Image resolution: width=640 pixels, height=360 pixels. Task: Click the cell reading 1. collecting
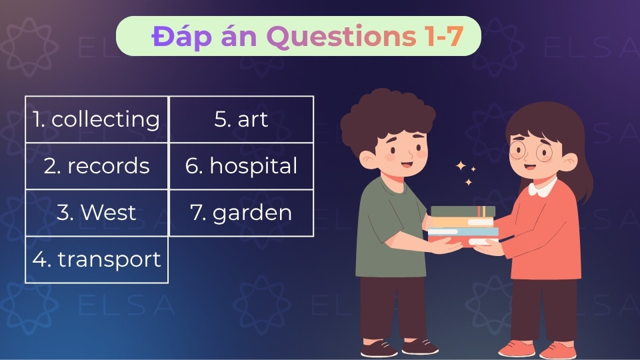tap(97, 119)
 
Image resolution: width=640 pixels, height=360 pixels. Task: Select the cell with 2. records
tap(97, 166)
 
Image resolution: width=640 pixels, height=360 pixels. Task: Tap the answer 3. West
tap(97, 213)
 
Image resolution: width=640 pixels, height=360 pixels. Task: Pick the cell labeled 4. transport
tap(97, 259)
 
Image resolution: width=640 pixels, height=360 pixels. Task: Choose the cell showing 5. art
tap(241, 119)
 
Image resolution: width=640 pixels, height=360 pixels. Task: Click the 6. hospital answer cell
tap(241, 166)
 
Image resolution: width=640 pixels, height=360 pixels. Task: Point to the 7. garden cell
tap(241, 213)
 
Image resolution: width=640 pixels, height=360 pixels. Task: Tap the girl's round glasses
tap(531, 153)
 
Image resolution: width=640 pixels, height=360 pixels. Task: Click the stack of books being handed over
tap(463, 227)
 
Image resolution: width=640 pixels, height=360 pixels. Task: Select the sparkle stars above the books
tap(465, 173)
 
